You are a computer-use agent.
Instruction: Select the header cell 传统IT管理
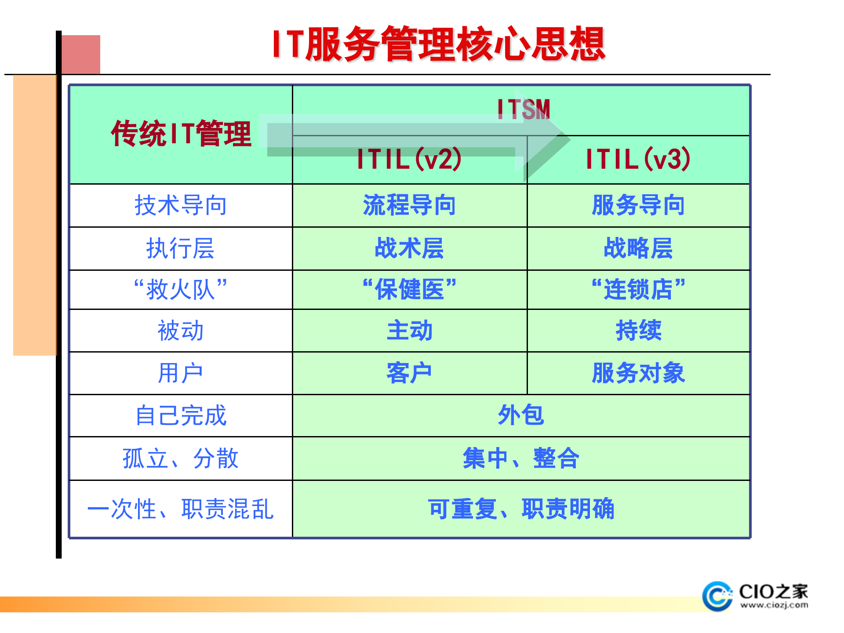(181, 134)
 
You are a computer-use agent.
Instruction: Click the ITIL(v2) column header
(409, 159)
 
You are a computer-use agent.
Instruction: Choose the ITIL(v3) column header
(638, 159)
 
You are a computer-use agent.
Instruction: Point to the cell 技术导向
(181, 205)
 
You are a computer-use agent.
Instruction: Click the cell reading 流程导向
(409, 205)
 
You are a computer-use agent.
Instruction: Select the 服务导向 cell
(638, 205)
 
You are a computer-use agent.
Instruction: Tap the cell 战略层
(638, 248)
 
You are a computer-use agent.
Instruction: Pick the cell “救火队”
(181, 290)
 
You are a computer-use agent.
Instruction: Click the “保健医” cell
(409, 290)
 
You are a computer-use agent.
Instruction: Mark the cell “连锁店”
(638, 290)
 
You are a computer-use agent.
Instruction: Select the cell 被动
(181, 331)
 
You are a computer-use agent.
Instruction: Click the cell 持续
(638, 331)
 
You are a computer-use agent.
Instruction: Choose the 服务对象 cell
(638, 373)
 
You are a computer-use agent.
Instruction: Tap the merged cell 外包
(521, 415)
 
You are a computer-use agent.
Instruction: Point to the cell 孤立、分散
(181, 458)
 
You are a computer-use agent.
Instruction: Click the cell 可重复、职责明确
(521, 509)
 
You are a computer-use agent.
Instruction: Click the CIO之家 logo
(755, 596)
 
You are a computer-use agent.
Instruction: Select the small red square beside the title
(81, 54)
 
